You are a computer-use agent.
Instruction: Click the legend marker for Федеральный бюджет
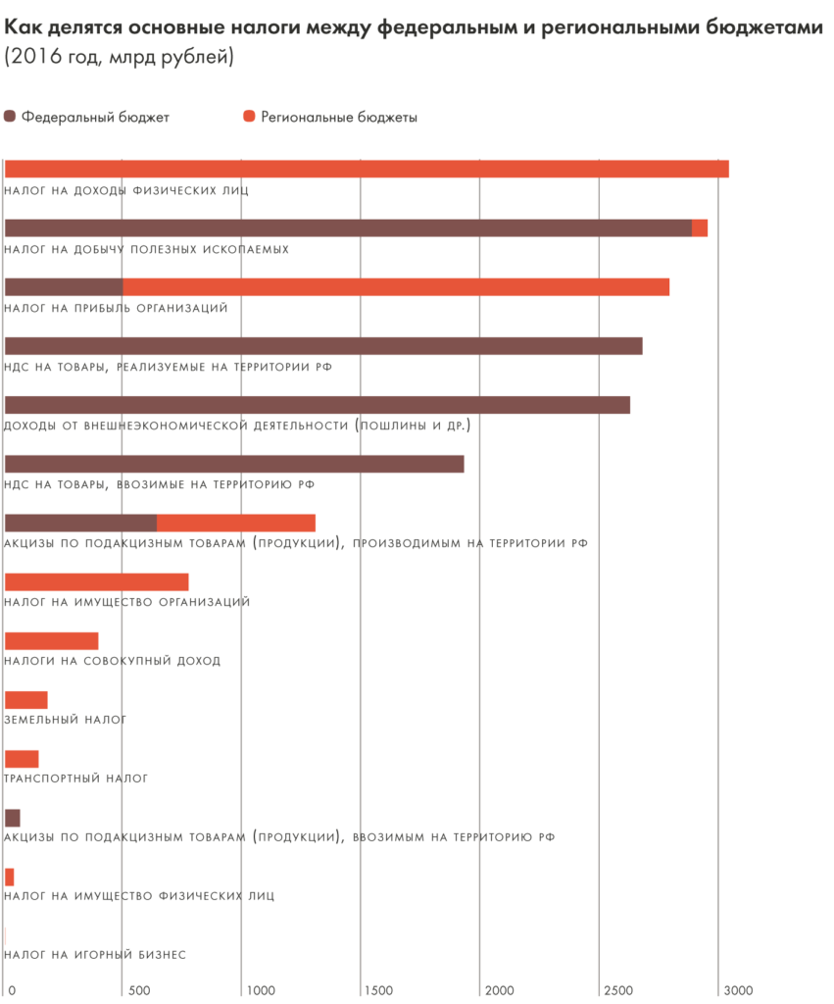(11, 118)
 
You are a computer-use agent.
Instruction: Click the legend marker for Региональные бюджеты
(249, 118)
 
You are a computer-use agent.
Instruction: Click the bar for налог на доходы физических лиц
(367, 169)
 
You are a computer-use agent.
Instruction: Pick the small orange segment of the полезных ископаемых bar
(700, 227)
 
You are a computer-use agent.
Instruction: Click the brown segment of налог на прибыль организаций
(64, 286)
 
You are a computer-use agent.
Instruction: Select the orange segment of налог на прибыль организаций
(396, 286)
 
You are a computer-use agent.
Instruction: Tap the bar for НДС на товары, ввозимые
(234, 464)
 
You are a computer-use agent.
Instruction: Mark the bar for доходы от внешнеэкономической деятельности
(318, 405)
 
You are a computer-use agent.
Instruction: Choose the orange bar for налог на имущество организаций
(97, 581)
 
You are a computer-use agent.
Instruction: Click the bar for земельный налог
(26, 700)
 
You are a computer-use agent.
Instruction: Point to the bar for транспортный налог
(22, 759)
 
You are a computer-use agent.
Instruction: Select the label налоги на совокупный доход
(113, 661)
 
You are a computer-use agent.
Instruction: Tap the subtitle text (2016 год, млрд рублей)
(120, 59)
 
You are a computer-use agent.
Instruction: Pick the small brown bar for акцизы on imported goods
(13, 818)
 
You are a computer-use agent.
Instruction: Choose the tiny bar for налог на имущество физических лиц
(10, 877)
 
